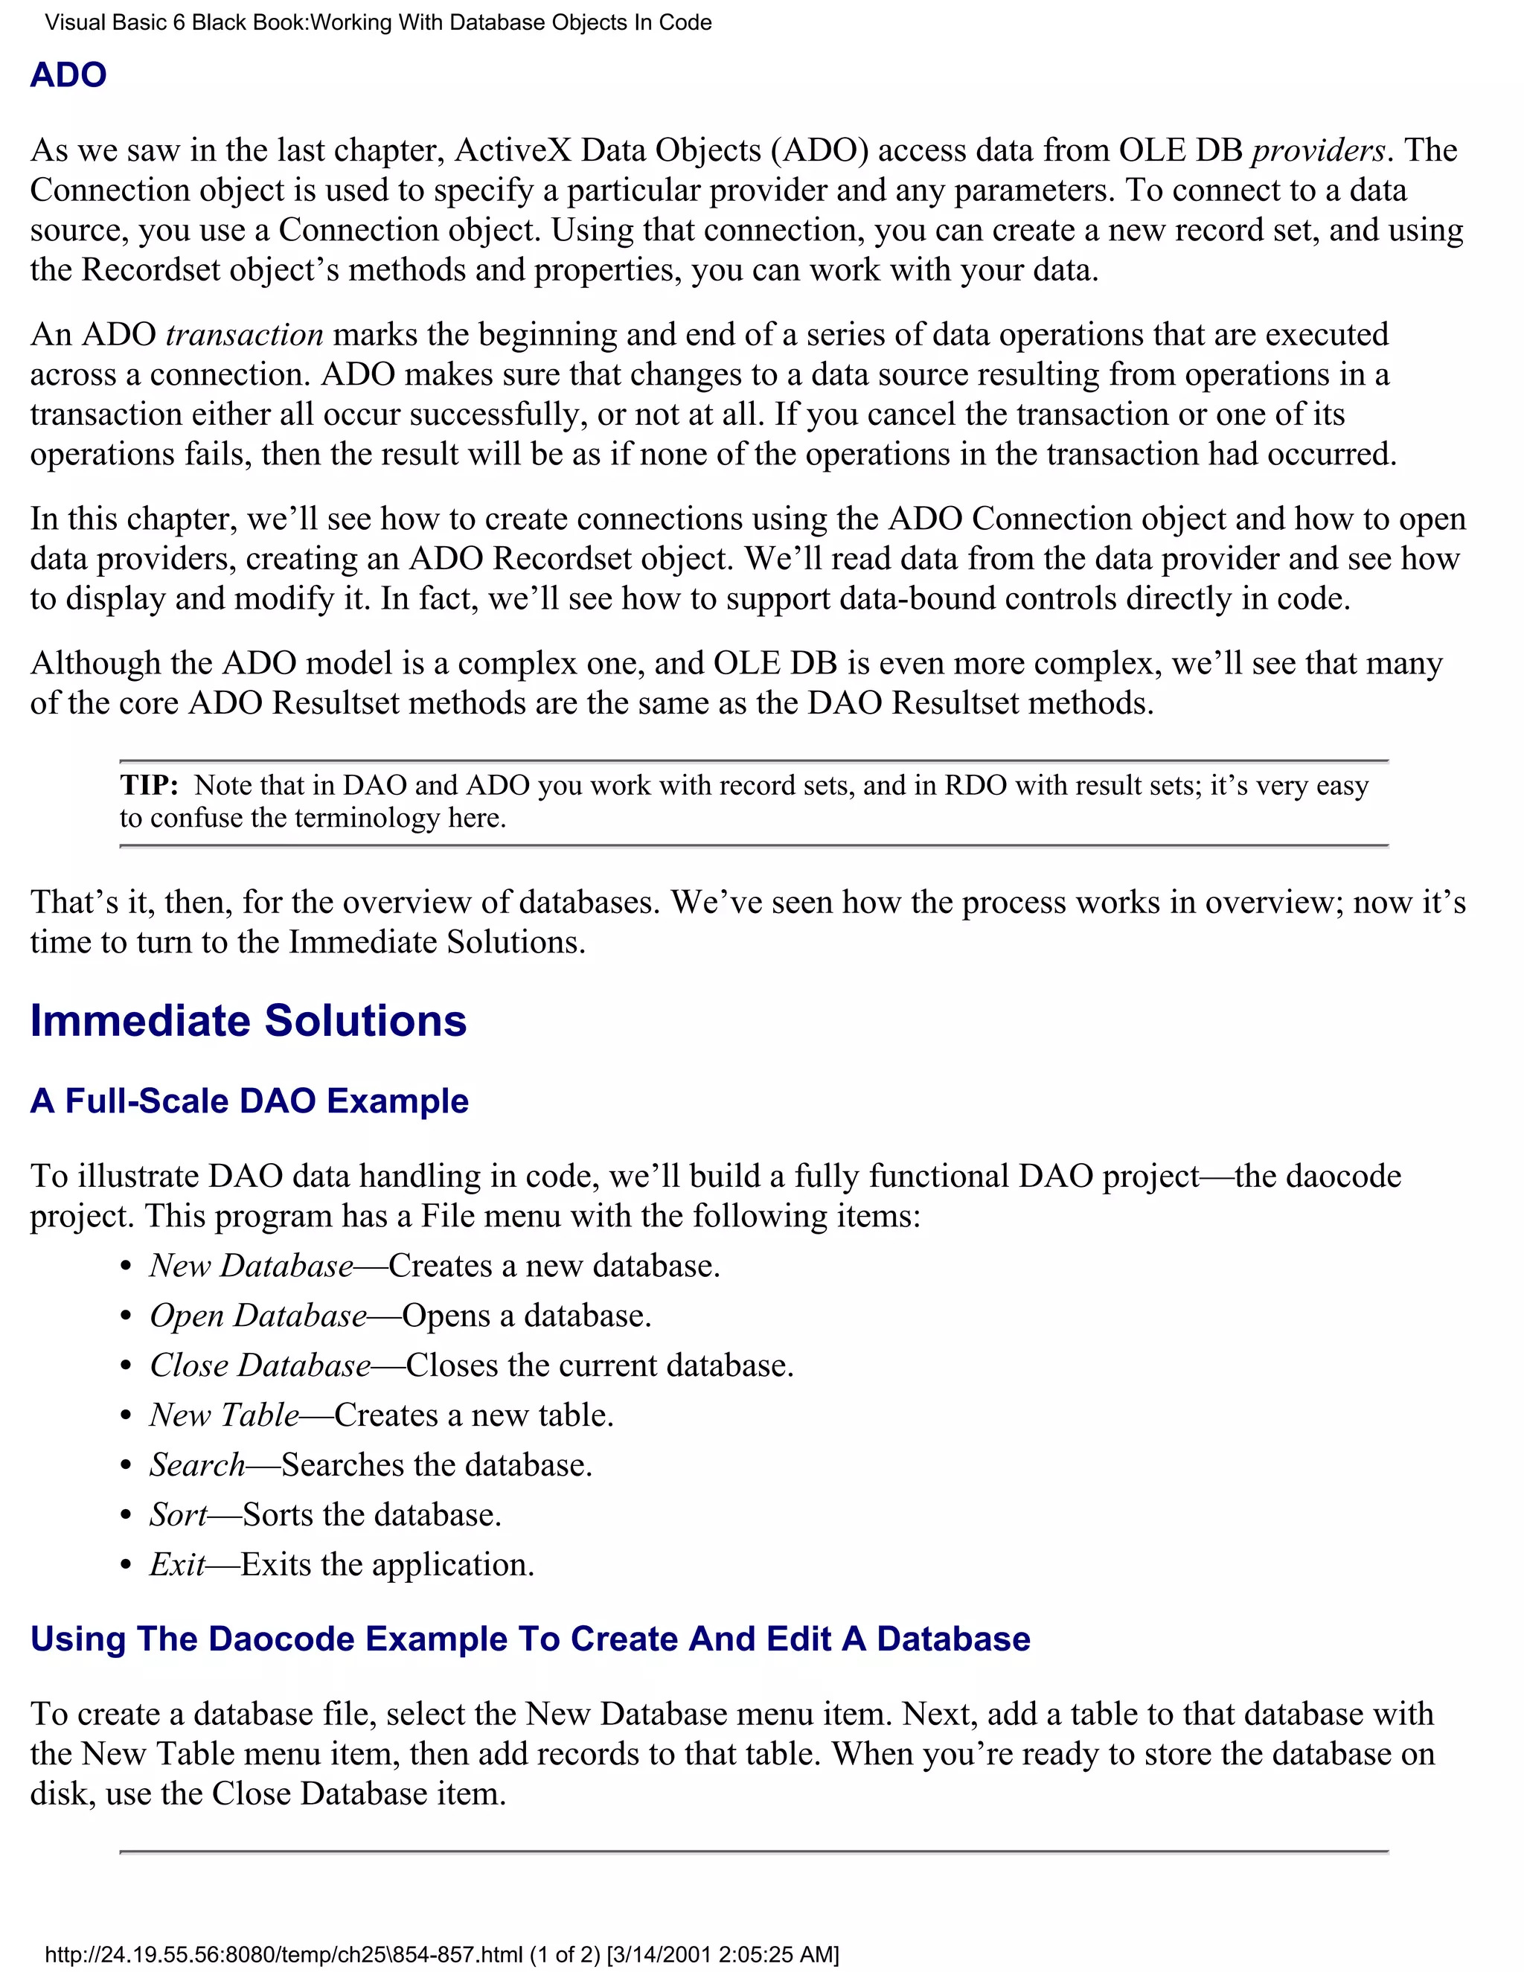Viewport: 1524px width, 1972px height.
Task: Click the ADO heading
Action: (x=68, y=75)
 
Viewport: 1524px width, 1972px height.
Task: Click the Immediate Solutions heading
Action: (x=249, y=1021)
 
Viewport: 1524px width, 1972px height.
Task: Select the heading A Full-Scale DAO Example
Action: (x=249, y=1101)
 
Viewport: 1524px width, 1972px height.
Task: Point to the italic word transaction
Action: (x=245, y=335)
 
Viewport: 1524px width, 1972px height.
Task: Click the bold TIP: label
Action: (x=149, y=786)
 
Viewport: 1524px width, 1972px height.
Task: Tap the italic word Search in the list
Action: (x=196, y=1464)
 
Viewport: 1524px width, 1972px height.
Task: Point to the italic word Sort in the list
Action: (x=178, y=1514)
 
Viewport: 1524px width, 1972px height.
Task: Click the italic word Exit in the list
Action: (x=177, y=1564)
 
